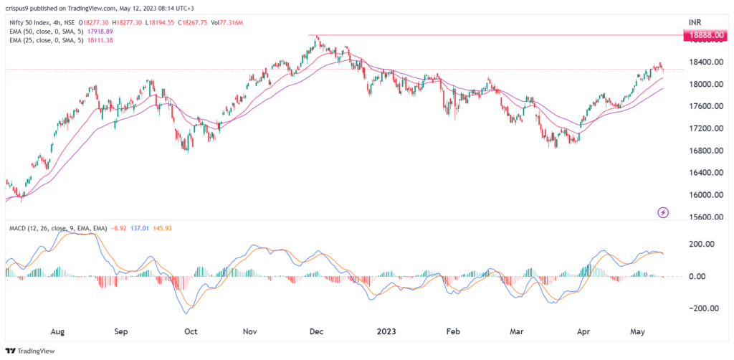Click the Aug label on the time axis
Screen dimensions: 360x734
tap(58, 332)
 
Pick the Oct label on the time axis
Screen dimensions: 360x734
tap(191, 332)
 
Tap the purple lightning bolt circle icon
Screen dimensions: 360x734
tap(664, 212)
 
